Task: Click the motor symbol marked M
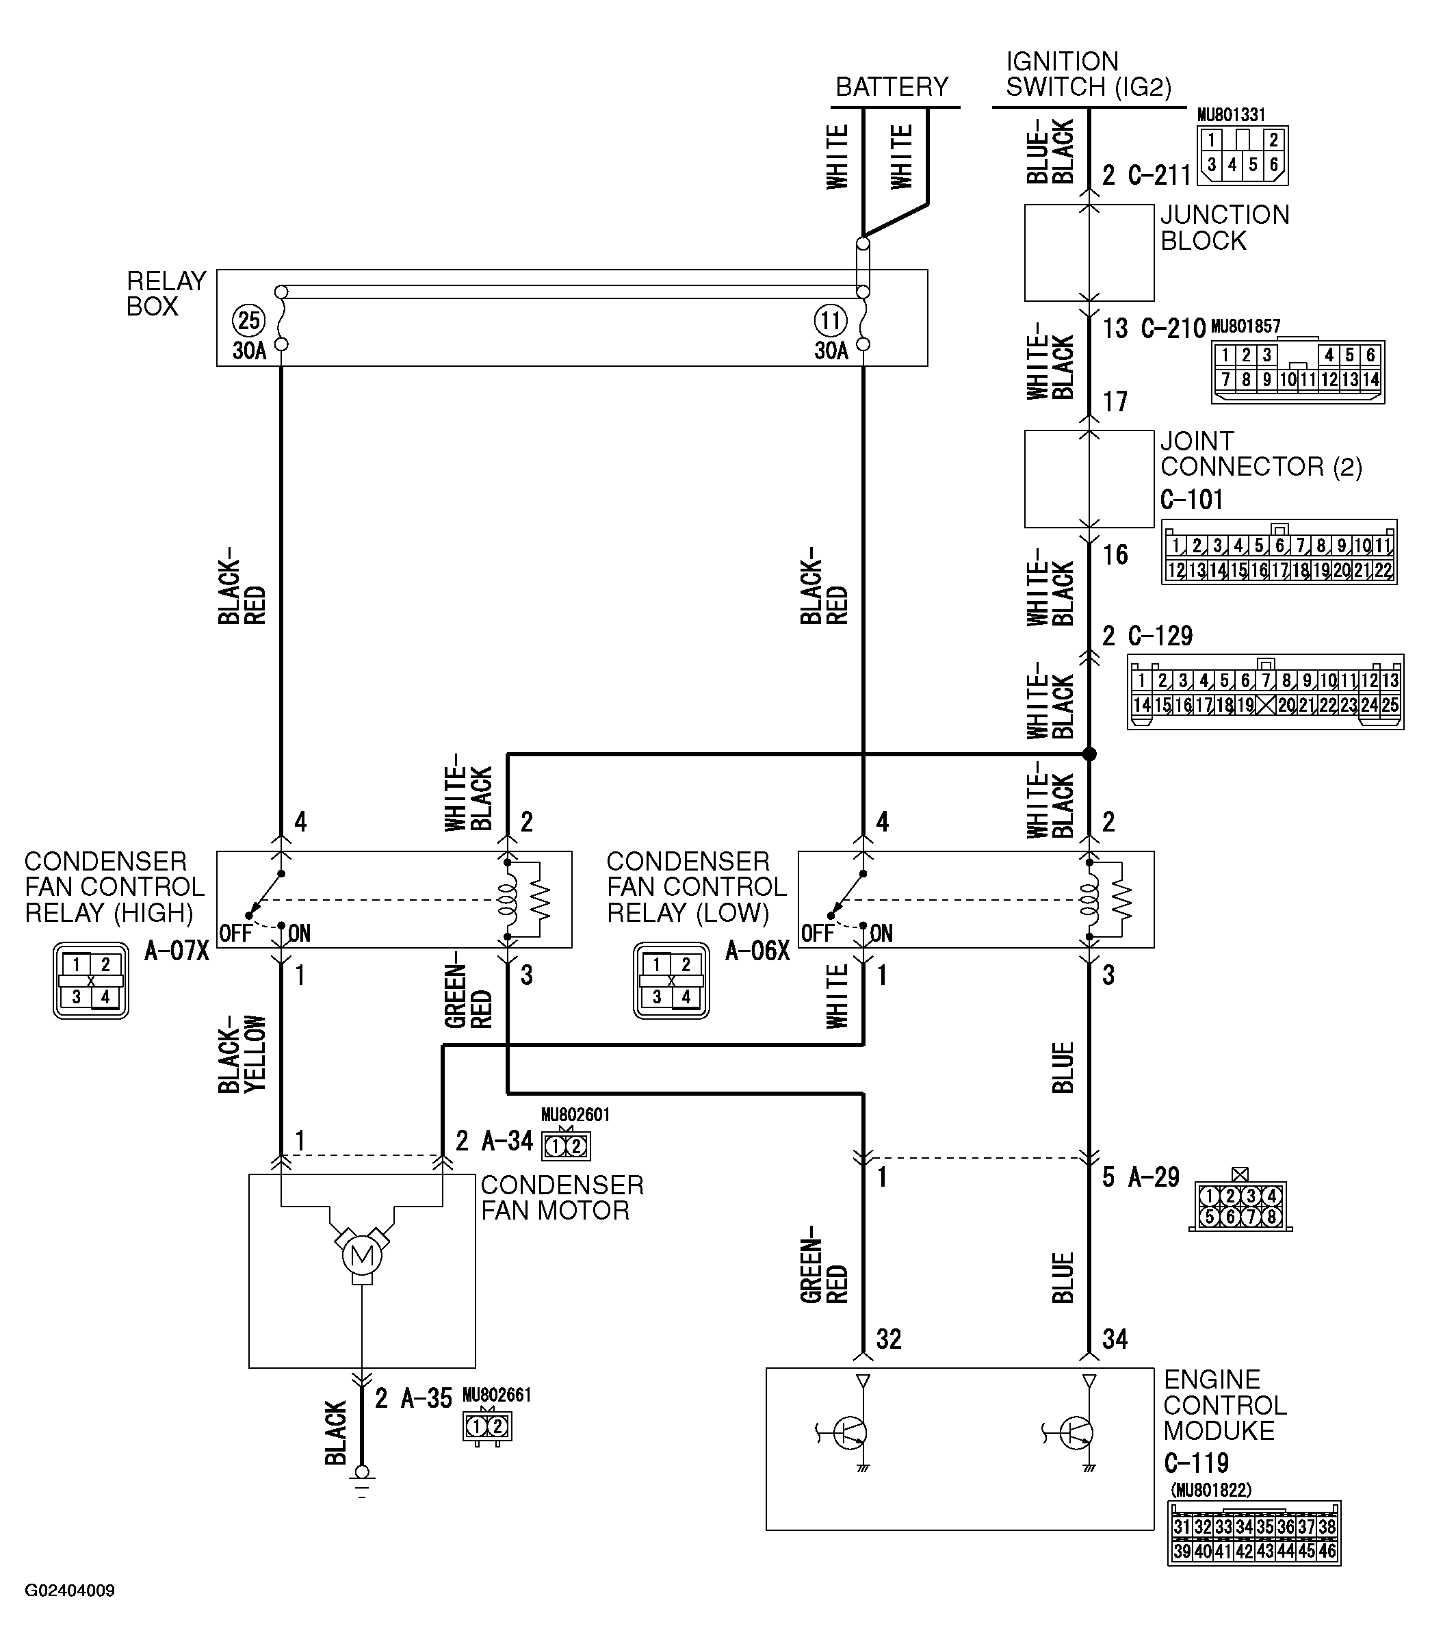coord(362,1255)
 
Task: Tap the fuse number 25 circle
coord(248,321)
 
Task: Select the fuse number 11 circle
coord(830,321)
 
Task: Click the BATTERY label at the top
coord(892,86)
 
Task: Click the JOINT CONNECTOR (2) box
coord(1089,479)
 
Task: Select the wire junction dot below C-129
coord(1089,754)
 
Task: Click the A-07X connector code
coord(177,951)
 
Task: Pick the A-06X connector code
coord(757,951)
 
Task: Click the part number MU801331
coord(1232,115)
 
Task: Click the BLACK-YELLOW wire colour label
coord(242,1053)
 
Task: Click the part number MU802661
coord(496,1395)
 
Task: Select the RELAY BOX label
coord(166,293)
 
